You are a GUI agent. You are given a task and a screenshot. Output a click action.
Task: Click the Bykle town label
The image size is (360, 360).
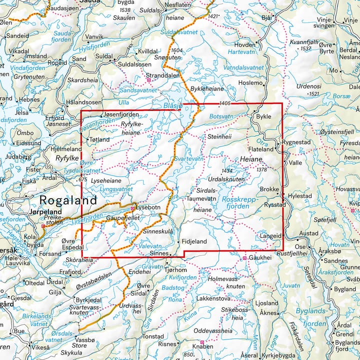pos(263,116)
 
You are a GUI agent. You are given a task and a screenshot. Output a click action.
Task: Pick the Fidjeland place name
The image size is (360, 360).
pos(194,241)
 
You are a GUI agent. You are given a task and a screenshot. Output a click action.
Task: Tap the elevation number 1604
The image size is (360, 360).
pos(176,51)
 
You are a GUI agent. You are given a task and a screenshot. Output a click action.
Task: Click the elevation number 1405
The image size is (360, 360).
pos(225,103)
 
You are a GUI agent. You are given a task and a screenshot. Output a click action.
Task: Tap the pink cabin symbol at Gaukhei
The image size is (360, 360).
pos(244,258)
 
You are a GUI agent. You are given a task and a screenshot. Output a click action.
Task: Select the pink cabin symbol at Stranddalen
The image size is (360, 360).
pos(148,79)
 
